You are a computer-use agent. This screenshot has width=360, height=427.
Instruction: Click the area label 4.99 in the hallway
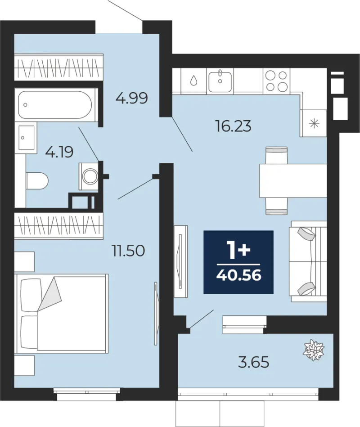(x=131, y=98)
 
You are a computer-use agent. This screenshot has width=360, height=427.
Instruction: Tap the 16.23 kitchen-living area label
(x=233, y=126)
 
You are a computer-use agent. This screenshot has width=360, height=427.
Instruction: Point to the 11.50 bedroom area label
(x=128, y=251)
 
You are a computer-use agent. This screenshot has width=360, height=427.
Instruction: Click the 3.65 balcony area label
(x=253, y=362)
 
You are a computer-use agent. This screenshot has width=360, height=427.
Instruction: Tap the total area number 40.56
(x=239, y=275)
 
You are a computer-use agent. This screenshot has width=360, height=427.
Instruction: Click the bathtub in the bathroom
(x=55, y=105)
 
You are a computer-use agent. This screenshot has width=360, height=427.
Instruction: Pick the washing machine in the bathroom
(x=89, y=176)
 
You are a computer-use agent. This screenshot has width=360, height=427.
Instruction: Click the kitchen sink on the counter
(x=220, y=81)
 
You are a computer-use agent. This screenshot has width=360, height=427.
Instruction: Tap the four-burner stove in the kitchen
(x=276, y=81)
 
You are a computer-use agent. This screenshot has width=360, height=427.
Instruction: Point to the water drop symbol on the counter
(x=193, y=81)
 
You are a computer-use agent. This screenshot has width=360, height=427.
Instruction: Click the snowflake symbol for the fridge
(x=314, y=123)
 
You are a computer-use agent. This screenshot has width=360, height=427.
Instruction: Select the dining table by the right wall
(x=293, y=180)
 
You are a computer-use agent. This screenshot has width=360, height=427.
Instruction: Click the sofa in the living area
(x=309, y=261)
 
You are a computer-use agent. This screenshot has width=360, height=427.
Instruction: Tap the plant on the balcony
(x=314, y=350)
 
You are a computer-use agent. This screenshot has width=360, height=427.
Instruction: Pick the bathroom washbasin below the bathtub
(x=27, y=138)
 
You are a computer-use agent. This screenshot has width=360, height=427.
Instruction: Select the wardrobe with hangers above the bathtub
(x=58, y=67)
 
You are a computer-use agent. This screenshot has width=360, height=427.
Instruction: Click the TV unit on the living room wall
(x=181, y=261)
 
